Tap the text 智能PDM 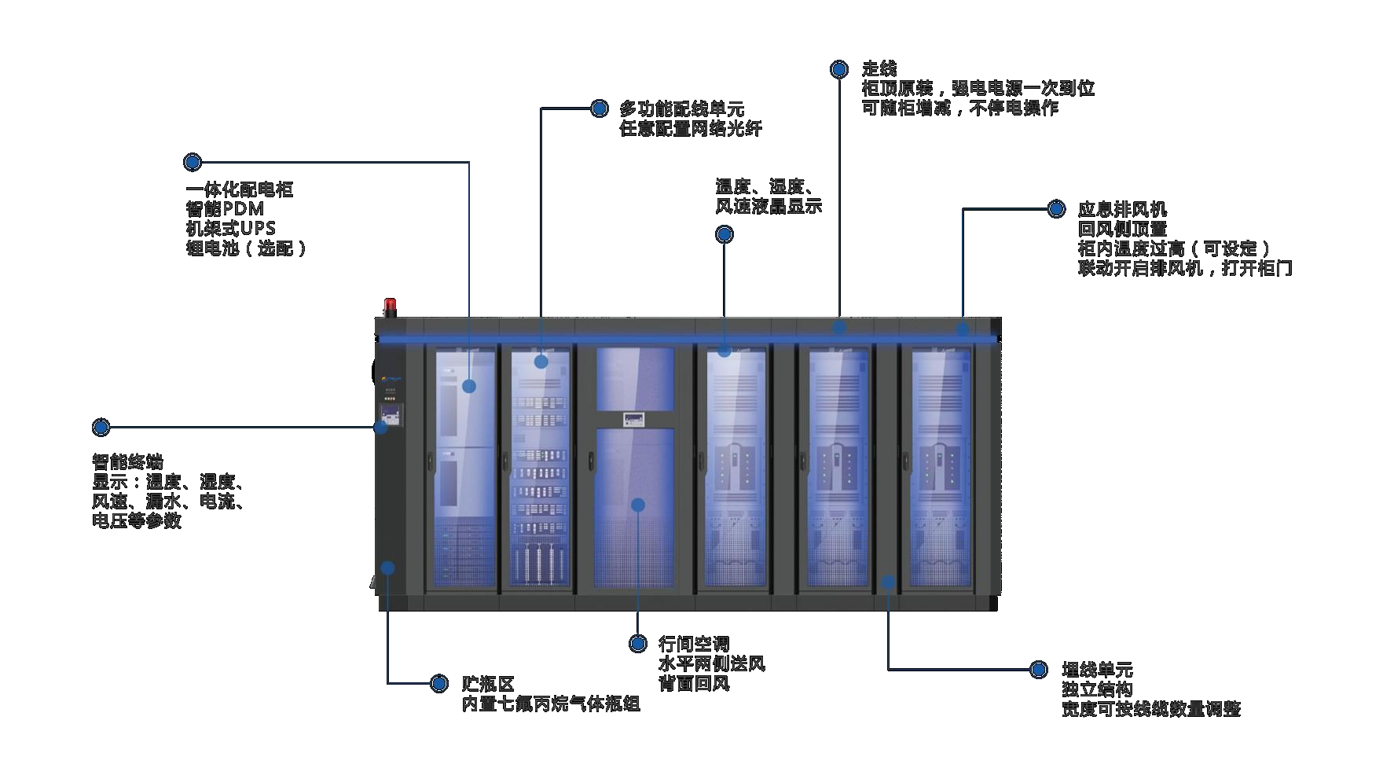(225, 209)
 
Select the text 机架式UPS (230, 229)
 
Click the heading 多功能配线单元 (681, 108)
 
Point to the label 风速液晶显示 (768, 207)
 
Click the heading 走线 (879, 68)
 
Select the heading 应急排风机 (1122, 209)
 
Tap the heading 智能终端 (127, 461)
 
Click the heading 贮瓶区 (487, 684)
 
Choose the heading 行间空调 (694, 645)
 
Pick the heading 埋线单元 (1097, 670)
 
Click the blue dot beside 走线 (839, 69)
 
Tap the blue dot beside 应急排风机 (1056, 209)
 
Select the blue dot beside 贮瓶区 (439, 684)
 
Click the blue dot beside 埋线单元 (1039, 670)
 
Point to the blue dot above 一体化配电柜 (193, 163)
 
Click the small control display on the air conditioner (634, 419)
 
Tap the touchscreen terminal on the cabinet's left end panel (391, 414)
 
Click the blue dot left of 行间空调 (638, 644)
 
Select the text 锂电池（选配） (246, 248)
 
